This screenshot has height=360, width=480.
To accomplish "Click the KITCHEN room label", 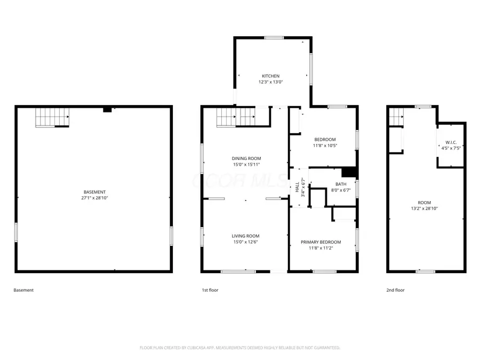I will pos(270,76).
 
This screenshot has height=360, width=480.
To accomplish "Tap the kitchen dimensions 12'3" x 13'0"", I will pos(270,82).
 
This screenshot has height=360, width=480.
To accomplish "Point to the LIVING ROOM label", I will pos(245,236).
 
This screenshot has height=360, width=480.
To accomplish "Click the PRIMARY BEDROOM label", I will pos(321,242).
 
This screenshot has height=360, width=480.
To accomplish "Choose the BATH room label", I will pos(341,184).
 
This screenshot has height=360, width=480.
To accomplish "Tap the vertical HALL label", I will pos(297,187).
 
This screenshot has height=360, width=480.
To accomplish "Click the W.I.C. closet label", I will pos(451,142).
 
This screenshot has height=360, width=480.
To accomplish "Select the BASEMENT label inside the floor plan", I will pos(94,192).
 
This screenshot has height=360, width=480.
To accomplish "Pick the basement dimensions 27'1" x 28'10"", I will pos(94,198).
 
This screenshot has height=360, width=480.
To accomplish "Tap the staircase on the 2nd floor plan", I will pos(395,117).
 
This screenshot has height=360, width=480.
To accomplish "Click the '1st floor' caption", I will pos(210,290).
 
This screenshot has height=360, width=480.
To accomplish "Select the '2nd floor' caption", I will pos(395,290).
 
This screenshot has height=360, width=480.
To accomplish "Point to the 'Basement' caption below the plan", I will pos(23,290).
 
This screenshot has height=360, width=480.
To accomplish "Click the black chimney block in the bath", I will pos(349,172).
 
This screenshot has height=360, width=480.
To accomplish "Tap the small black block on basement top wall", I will pos(107,109).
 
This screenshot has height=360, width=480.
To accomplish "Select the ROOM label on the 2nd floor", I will pos(425,203).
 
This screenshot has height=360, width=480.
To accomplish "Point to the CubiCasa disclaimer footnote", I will pos(239,348).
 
